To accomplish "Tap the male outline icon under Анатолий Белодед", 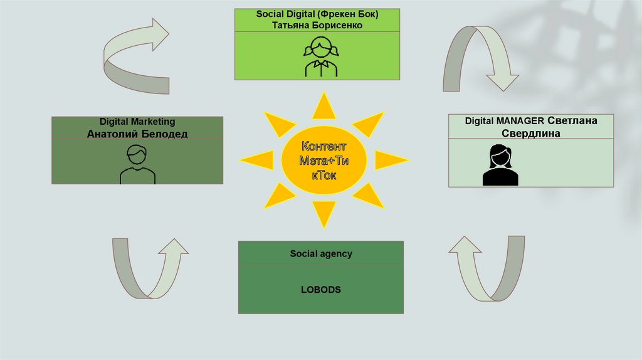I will [137, 164].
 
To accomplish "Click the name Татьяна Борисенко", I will [318, 26].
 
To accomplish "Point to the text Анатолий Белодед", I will [137, 134].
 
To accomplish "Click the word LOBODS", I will [320, 290].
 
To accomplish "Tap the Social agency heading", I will [320, 254].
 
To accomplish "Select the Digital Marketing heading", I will [137, 122].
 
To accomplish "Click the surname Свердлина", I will [531, 134].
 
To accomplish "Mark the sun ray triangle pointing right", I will [389, 160].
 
